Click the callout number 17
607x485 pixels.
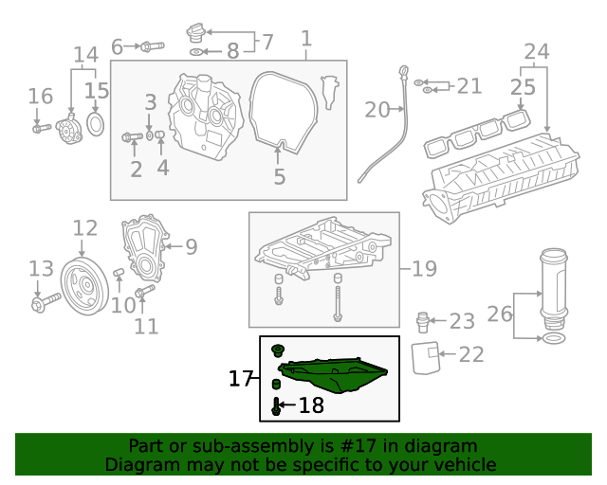click(241, 379)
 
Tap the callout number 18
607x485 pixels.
click(310, 406)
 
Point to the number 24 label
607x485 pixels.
click(536, 51)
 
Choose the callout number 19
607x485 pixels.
click(424, 269)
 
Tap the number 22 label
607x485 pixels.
click(471, 354)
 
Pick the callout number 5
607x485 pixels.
click(279, 176)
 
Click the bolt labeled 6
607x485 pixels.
click(151, 45)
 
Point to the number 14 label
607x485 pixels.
click(85, 54)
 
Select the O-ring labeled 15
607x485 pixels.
click(96, 125)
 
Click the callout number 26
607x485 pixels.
click(499, 314)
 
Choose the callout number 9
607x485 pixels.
click(191, 247)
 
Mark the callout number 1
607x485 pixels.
click(305, 39)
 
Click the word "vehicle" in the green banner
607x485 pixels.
click(464, 465)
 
